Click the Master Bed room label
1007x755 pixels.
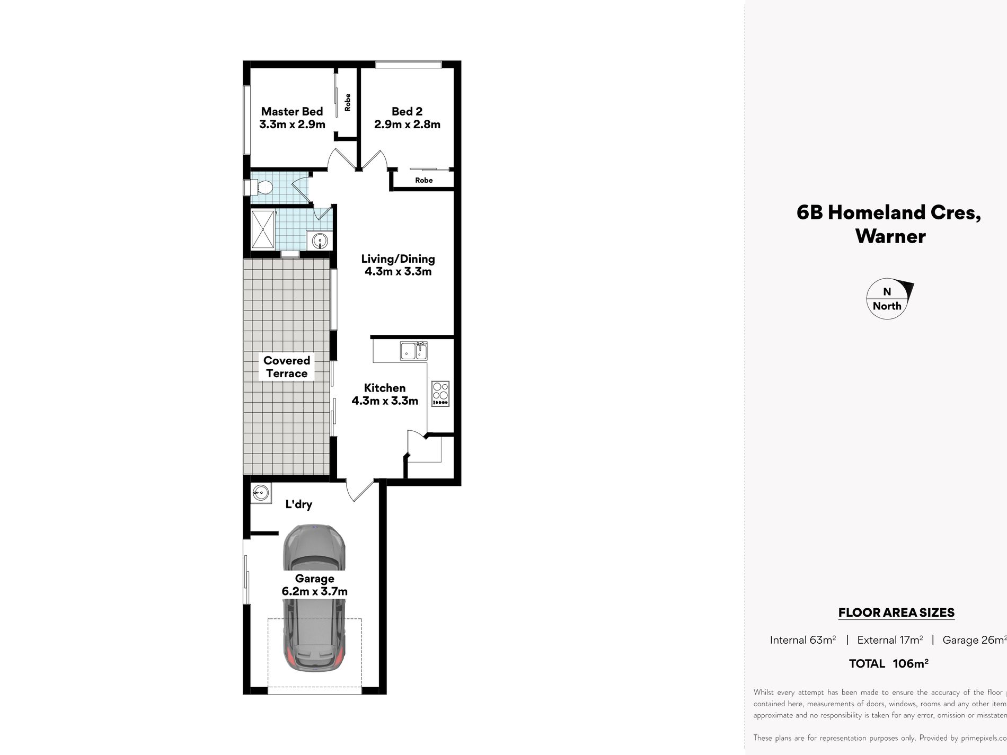tap(292, 118)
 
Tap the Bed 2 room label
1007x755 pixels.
tap(407, 118)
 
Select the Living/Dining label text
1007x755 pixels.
tap(398, 265)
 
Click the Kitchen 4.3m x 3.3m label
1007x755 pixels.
tap(385, 394)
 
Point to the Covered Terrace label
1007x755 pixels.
tap(287, 367)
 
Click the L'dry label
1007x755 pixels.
tap(298, 504)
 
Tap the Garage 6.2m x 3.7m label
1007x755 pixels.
tap(315, 585)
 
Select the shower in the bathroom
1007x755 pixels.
tap(263, 229)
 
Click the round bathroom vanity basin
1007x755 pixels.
tap(320, 242)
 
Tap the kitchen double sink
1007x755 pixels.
tap(414, 351)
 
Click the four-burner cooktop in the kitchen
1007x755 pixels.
tap(440, 394)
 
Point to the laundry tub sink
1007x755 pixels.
tap(260, 493)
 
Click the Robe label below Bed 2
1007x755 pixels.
tap(424, 180)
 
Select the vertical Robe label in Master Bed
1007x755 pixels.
tap(348, 102)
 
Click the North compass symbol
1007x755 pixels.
tap(888, 299)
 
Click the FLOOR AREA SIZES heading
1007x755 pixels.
tap(896, 613)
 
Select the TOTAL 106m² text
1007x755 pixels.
tap(889, 663)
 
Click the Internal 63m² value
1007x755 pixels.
tap(803, 640)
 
